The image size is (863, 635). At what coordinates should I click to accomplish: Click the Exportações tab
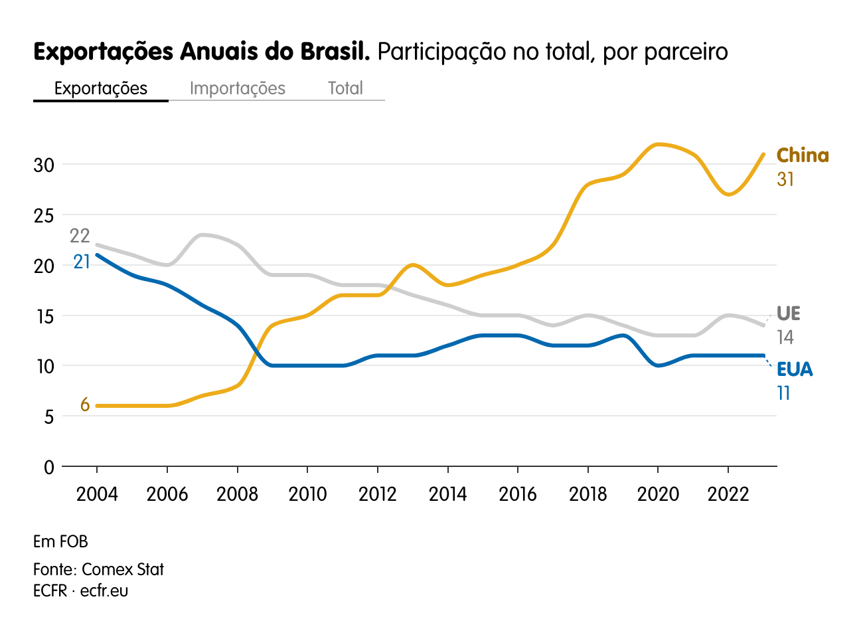(101, 88)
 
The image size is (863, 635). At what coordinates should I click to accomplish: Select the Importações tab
(237, 88)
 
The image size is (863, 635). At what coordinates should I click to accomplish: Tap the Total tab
(345, 88)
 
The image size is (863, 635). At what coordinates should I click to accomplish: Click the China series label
(803, 155)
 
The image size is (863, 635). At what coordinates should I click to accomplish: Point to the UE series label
(789, 314)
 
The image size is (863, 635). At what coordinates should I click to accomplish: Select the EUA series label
(795, 369)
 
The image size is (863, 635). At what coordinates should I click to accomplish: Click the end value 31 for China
(785, 179)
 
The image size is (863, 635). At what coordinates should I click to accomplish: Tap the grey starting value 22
(80, 236)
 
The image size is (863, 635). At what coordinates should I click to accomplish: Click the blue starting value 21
(82, 262)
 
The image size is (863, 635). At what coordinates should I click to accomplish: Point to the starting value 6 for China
(85, 405)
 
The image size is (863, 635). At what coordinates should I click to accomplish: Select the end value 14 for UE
(785, 337)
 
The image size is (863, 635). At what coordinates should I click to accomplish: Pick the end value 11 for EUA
(784, 394)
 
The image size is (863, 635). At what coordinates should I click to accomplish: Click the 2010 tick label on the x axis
(307, 494)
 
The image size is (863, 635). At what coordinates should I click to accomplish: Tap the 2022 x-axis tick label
(728, 494)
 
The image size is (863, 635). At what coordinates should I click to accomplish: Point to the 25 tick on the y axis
(44, 215)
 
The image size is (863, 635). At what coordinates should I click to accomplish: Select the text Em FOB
(60, 541)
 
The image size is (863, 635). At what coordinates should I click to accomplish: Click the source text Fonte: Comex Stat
(98, 569)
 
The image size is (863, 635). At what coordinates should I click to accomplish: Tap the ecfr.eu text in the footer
(104, 590)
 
